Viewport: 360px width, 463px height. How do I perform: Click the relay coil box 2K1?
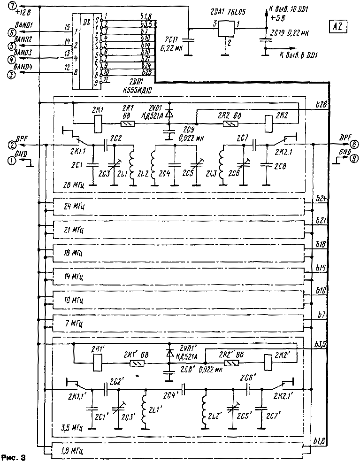tap(98, 124)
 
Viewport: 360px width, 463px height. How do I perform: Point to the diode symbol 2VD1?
tap(169, 113)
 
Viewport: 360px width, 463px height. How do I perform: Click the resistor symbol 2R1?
tap(128, 125)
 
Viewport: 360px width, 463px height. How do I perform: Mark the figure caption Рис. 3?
tap(13, 456)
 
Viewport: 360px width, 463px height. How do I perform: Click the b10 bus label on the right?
tap(321, 291)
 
